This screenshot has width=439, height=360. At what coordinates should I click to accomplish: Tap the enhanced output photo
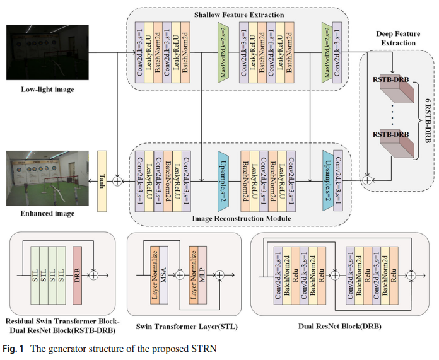pos(38,178)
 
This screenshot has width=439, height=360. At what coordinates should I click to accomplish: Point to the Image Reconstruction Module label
pos(238,218)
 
